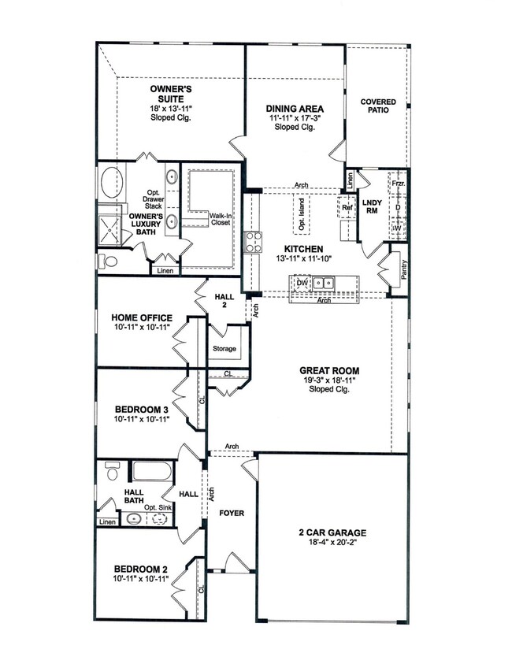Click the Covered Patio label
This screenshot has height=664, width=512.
[x=378, y=106]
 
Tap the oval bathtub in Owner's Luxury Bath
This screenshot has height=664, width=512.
[x=112, y=182]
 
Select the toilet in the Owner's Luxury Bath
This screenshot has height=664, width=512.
[x=108, y=262]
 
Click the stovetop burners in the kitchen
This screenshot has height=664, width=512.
[x=253, y=243]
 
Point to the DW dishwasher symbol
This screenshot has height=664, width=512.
[x=302, y=283]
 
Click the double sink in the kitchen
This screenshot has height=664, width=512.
[x=324, y=283]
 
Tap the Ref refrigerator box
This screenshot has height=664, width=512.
[x=347, y=207]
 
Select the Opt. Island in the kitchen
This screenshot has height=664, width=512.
[x=302, y=214]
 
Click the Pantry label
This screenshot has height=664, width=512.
[x=403, y=269]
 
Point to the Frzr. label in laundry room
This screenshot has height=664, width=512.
[x=398, y=184]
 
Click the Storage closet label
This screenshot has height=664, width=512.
[x=224, y=348]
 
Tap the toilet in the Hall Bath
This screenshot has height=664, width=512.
[x=112, y=471]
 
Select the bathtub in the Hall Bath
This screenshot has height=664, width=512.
[x=153, y=471]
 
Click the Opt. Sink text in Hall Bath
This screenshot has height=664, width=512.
[x=158, y=507]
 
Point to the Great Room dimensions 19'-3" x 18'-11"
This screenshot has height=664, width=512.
[x=329, y=380]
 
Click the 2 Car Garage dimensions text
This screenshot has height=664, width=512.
[x=333, y=542]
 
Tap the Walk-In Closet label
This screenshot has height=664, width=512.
[x=221, y=219]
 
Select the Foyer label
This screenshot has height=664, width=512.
[x=232, y=514]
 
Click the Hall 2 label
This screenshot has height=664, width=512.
[x=224, y=300]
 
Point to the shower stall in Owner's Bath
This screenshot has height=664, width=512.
[x=109, y=231]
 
